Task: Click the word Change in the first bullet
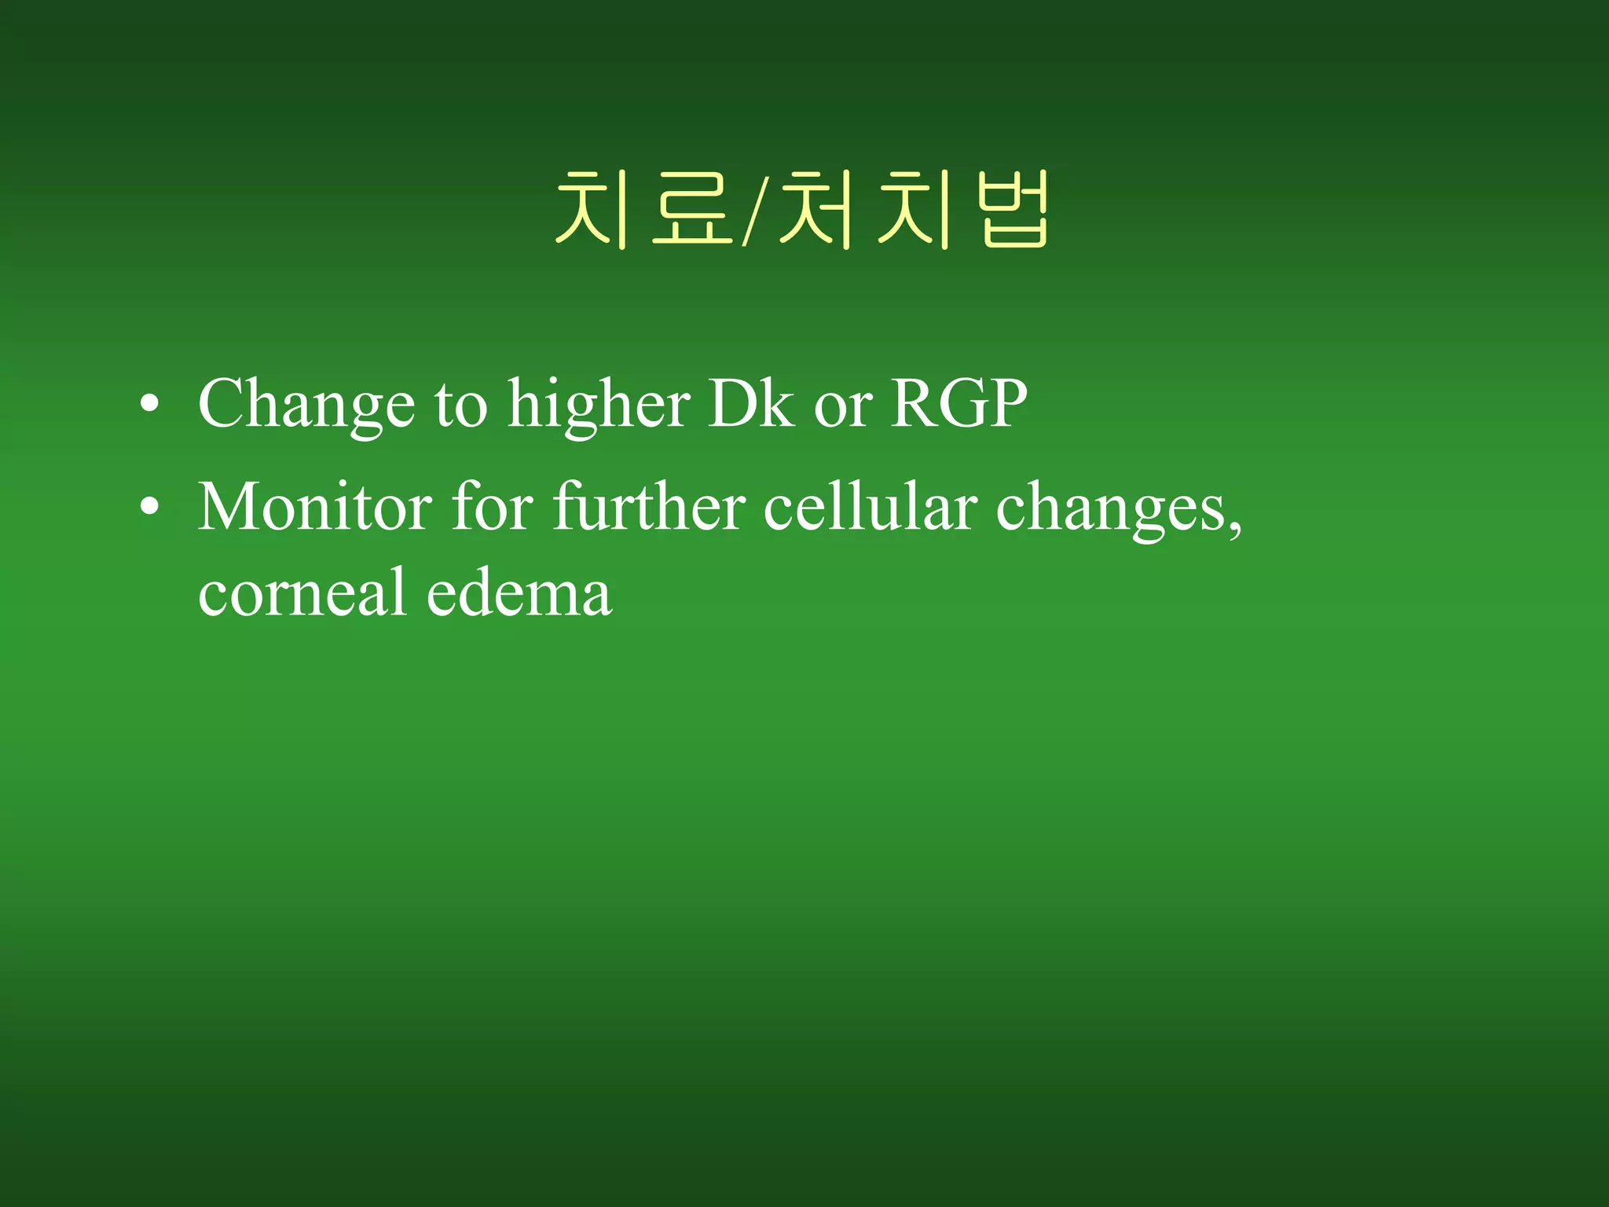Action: click(x=306, y=404)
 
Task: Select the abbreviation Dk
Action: click(x=750, y=404)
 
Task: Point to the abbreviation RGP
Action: click(x=958, y=404)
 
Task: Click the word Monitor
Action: click(x=315, y=507)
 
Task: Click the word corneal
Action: click(x=302, y=592)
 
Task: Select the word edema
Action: click(x=519, y=592)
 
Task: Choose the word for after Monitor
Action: click(x=493, y=507)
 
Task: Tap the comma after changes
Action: click(x=1237, y=528)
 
